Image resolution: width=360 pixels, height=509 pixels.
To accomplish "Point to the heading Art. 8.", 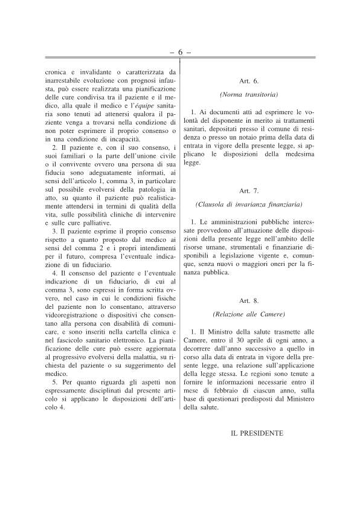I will [248, 300].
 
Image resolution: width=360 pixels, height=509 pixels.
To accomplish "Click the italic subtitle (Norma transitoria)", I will [248, 95].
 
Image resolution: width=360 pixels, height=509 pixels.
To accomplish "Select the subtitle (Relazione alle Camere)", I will [248, 314].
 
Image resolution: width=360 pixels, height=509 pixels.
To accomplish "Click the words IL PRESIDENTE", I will [257, 433].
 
